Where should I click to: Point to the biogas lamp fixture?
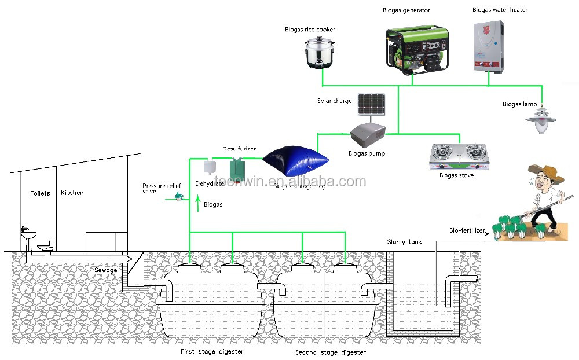(543, 120)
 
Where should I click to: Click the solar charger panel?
(371, 104)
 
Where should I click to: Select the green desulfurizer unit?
(237, 168)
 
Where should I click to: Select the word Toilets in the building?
(41, 193)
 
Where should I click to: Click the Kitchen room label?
(72, 193)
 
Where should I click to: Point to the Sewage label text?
(106, 270)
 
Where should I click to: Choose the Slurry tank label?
(404, 242)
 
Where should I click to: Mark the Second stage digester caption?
(331, 352)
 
